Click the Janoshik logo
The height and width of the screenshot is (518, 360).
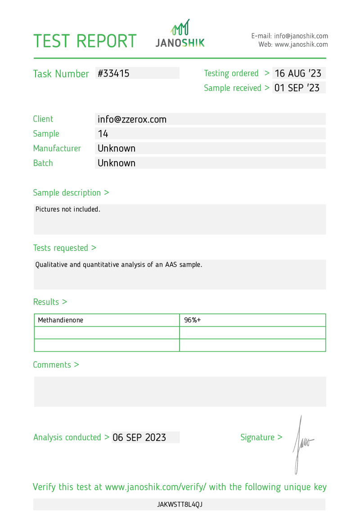[x=180, y=34]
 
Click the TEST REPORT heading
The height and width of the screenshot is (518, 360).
[x=85, y=41]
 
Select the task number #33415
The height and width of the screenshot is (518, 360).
[x=114, y=73]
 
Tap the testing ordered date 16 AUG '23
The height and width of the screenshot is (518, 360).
[x=297, y=73]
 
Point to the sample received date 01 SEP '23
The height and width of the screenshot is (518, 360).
[x=297, y=88]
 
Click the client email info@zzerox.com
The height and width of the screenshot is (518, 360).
[x=132, y=119]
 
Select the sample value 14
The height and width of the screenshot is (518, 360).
[x=103, y=134]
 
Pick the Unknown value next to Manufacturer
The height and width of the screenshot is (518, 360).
[x=117, y=148]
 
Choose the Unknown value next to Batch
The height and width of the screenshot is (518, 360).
[x=117, y=163]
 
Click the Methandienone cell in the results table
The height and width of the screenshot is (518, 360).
[x=61, y=320]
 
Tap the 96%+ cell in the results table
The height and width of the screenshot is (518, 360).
[x=193, y=320]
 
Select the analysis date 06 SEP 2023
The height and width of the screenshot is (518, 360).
[x=139, y=437]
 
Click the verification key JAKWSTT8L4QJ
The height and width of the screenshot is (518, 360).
[x=180, y=504]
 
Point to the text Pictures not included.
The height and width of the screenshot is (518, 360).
[x=68, y=209]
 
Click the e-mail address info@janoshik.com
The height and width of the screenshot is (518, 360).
[x=301, y=36]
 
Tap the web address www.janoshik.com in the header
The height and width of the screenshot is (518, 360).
[x=301, y=45]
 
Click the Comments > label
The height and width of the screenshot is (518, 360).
[x=56, y=365]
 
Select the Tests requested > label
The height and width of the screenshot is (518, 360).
[x=64, y=248]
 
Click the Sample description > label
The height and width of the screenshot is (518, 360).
[x=71, y=193]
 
